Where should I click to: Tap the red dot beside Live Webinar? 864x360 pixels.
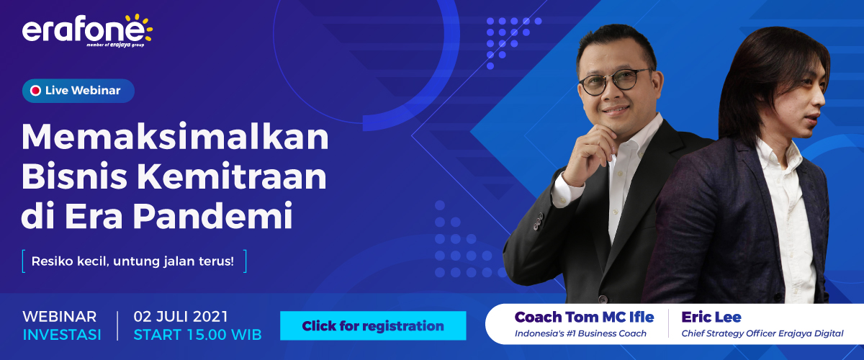point(35,91)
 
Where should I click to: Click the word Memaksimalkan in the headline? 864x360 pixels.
point(175,137)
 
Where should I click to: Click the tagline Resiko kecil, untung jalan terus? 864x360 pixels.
point(133,261)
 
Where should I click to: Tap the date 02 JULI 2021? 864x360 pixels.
point(181,317)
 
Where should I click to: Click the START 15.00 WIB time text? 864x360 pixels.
point(197,335)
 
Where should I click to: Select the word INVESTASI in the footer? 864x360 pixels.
point(62,335)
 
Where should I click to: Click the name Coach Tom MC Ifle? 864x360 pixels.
point(584,317)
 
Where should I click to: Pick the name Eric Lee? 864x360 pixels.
point(711,317)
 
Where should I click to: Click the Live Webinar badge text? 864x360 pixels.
point(82,91)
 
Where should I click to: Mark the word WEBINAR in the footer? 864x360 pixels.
point(60,317)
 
